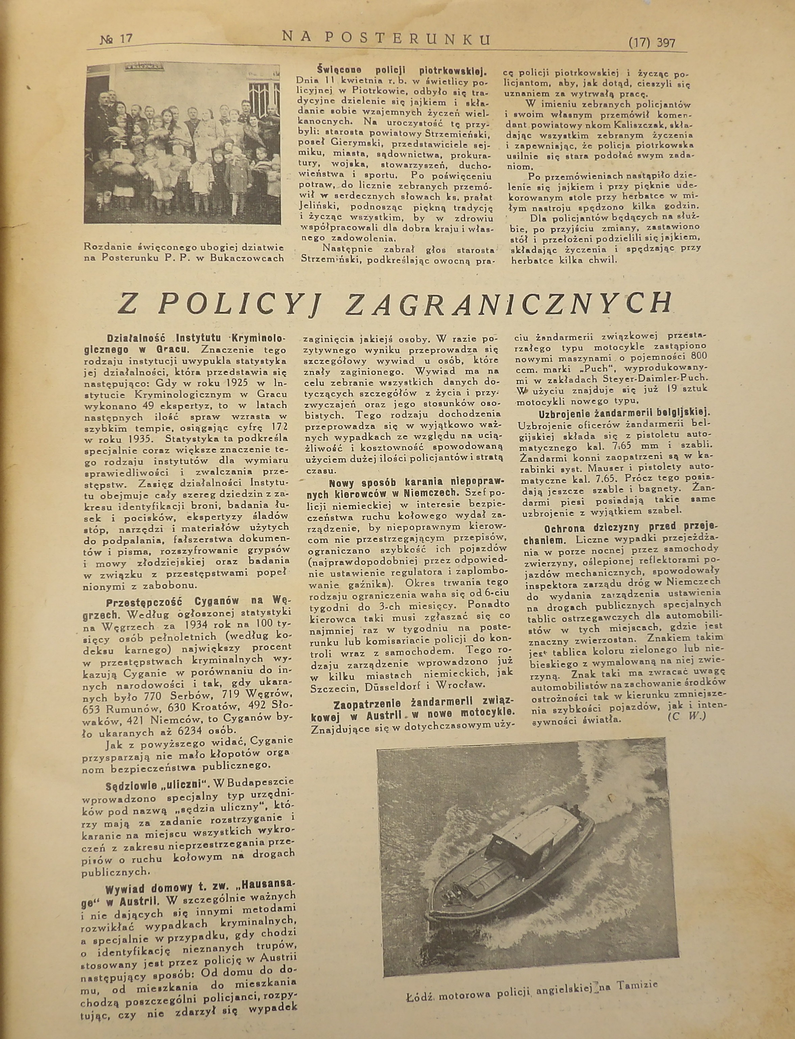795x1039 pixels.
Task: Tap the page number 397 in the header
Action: [x=666, y=44]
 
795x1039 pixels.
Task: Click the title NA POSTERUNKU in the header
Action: [x=386, y=39]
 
